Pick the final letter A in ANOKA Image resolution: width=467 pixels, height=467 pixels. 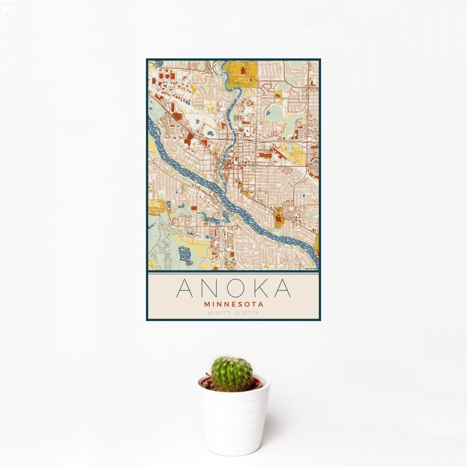(x=283, y=288)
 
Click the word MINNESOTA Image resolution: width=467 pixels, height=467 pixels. (x=233, y=304)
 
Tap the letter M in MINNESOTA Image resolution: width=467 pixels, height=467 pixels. (x=206, y=304)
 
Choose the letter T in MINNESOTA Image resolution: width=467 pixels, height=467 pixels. (x=255, y=304)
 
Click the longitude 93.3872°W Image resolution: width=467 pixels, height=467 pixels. (x=247, y=313)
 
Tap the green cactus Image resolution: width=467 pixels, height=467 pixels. (x=231, y=374)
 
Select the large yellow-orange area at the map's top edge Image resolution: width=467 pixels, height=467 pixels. (x=242, y=73)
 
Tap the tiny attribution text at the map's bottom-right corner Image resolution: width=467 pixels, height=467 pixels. (x=312, y=269)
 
